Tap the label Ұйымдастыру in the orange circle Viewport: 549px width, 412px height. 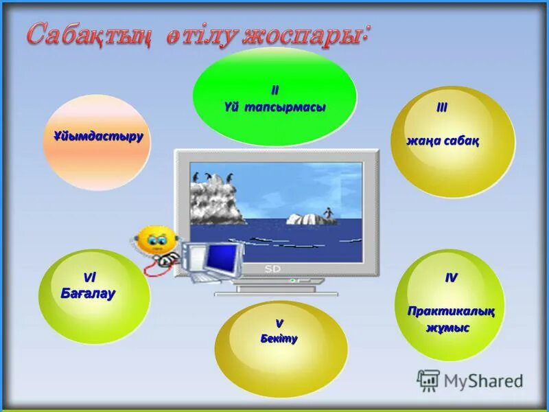98,136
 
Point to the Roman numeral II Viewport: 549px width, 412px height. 274,91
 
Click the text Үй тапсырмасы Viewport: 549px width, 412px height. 274,108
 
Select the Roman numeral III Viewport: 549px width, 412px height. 443,108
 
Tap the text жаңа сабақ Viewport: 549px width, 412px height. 443,141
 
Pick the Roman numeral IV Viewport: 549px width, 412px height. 451,277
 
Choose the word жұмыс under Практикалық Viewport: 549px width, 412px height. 447,328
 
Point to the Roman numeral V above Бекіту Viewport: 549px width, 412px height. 279,322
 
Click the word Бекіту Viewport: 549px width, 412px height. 279,339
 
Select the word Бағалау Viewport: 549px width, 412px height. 88,294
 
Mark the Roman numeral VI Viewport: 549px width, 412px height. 89,277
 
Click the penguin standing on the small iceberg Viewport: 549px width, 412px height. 329,213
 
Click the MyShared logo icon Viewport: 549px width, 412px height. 428,380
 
